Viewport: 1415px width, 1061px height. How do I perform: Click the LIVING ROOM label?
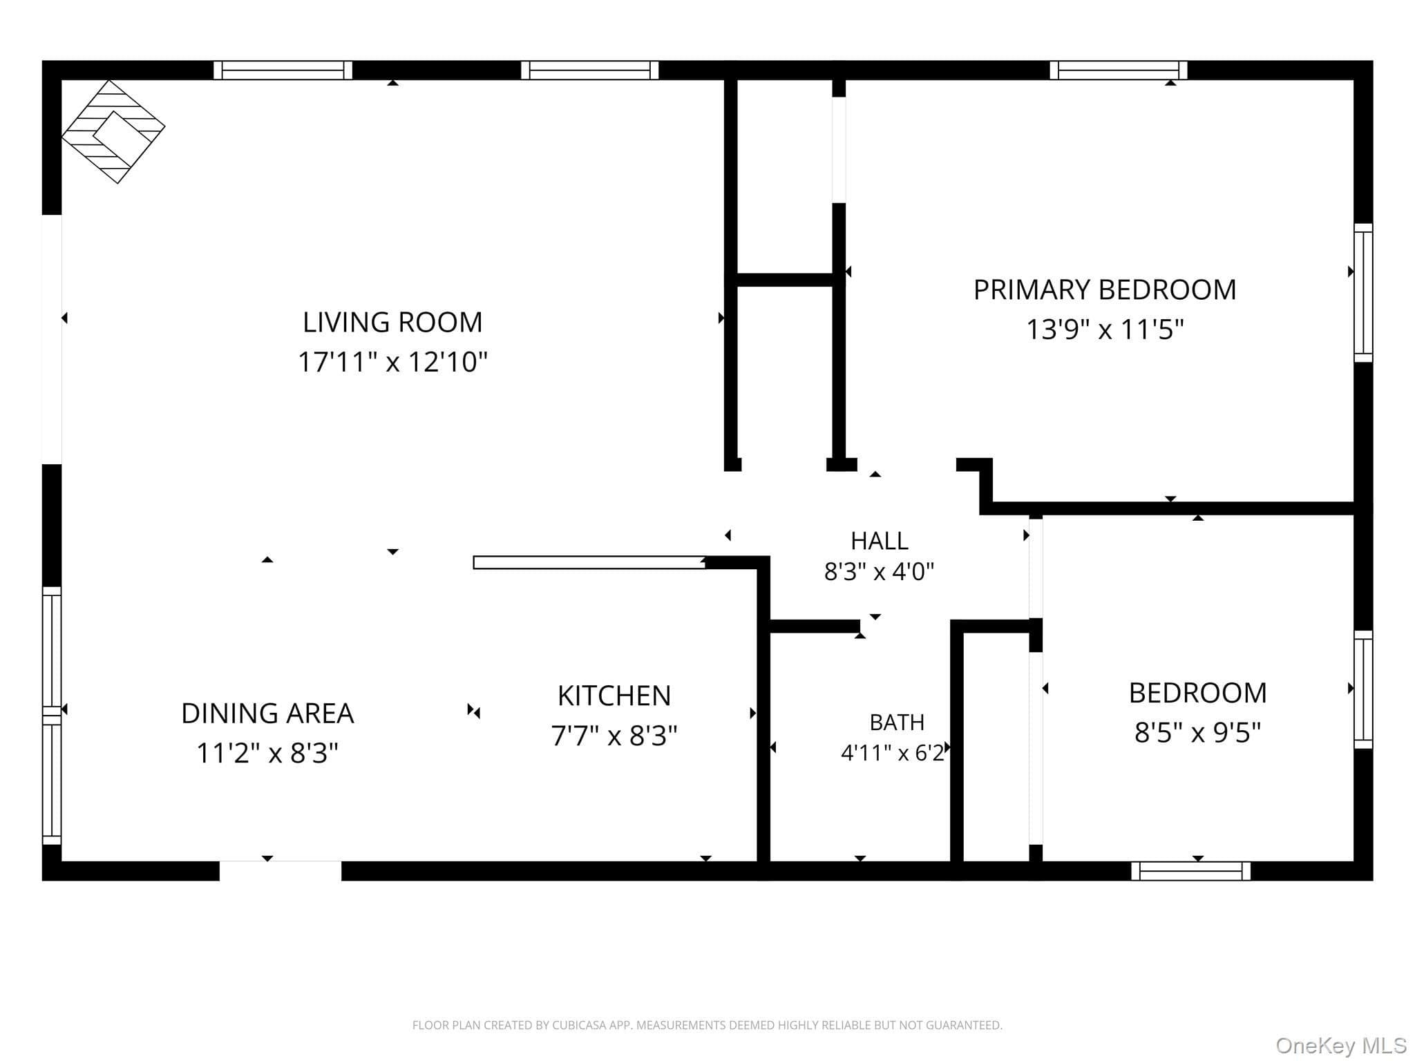(x=392, y=322)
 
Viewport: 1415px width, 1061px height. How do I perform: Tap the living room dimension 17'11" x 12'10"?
(x=392, y=361)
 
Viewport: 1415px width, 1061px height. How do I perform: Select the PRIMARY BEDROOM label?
(x=1105, y=289)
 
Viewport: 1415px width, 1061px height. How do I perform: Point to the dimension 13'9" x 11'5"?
(x=1105, y=329)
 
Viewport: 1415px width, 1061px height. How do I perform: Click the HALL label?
(x=879, y=540)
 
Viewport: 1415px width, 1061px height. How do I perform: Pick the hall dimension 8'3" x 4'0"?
(x=879, y=571)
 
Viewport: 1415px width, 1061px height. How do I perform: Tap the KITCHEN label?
(x=614, y=696)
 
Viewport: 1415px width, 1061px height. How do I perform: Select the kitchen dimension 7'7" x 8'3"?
(x=614, y=736)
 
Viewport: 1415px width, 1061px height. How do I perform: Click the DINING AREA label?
(x=267, y=713)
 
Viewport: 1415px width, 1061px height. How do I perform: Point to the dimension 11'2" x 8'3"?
(x=267, y=753)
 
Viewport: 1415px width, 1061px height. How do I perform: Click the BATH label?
(x=897, y=723)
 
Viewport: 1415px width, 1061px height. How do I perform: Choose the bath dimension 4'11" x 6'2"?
(x=893, y=753)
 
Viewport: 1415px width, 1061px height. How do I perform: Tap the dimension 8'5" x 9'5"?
(x=1197, y=732)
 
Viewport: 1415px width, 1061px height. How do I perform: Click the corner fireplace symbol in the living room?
(x=113, y=131)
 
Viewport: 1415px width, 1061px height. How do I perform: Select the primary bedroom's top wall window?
(x=1119, y=70)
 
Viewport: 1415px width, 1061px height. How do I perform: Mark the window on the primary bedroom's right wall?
(x=1363, y=292)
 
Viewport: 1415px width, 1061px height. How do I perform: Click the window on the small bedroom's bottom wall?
(x=1191, y=871)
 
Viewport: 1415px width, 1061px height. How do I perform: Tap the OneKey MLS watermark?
(x=1341, y=1045)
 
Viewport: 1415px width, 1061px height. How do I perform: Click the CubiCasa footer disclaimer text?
(x=707, y=1025)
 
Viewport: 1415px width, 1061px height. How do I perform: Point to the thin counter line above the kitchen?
(x=589, y=562)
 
